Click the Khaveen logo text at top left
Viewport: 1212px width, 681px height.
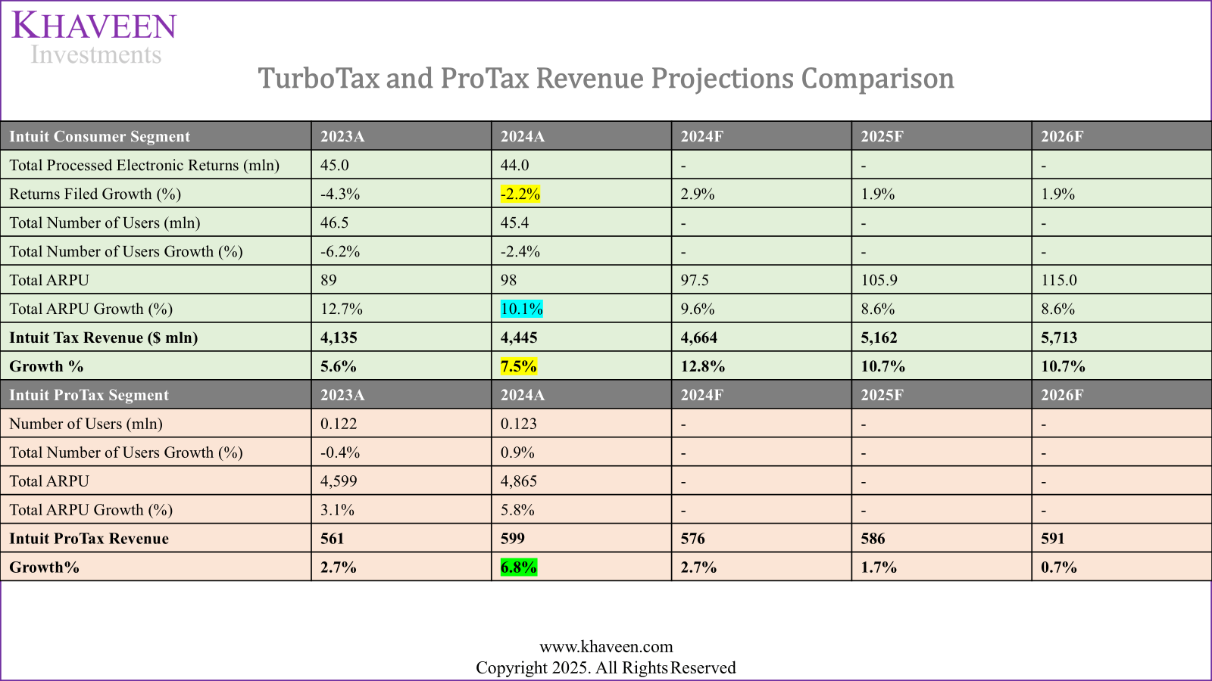(x=94, y=27)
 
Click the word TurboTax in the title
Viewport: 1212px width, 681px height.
(x=317, y=79)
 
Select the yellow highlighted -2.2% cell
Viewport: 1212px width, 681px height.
(x=520, y=194)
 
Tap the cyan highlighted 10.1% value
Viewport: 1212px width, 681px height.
(x=521, y=309)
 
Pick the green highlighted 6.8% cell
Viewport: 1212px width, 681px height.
(x=518, y=567)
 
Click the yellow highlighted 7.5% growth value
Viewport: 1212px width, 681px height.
(x=518, y=367)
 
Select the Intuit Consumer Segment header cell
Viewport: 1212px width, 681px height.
(x=99, y=137)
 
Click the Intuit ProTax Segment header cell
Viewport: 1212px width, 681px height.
(x=89, y=396)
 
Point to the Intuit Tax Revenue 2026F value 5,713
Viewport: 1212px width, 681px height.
(x=1058, y=338)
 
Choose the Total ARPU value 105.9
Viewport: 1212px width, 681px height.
(x=879, y=281)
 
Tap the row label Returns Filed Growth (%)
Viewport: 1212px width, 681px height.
(x=95, y=194)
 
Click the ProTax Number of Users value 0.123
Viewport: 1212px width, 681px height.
(x=518, y=424)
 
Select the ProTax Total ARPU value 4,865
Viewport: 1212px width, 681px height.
(x=518, y=482)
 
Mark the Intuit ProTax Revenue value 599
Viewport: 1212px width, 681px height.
(x=512, y=539)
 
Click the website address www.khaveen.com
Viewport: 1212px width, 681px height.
(x=606, y=647)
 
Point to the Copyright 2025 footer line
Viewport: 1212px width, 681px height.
(x=606, y=668)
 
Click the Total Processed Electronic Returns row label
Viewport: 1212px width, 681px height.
(x=144, y=166)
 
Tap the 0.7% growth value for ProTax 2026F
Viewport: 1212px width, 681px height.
(x=1058, y=567)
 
